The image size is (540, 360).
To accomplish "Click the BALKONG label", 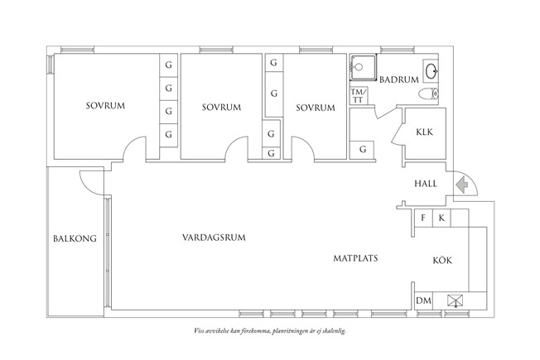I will pyautogui.click(x=75, y=239).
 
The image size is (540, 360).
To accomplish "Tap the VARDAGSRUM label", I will pyautogui.click(x=215, y=238).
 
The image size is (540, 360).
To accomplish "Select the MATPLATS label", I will pyautogui.click(x=355, y=258).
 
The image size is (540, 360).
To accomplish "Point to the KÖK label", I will pyautogui.click(x=442, y=261).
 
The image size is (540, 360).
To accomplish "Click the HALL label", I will pyautogui.click(x=425, y=184).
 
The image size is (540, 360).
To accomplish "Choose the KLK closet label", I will pyautogui.click(x=424, y=132).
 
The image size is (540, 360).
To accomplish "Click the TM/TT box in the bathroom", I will pyautogui.click(x=358, y=95).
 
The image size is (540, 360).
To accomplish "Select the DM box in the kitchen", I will pyautogui.click(x=423, y=300).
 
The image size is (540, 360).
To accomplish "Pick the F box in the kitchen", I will pyautogui.click(x=423, y=218).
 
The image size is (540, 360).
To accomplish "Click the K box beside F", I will pyautogui.click(x=441, y=218).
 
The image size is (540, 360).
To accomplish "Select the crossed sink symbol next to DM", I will pyautogui.click(x=454, y=300).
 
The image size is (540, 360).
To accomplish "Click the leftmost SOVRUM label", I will pyautogui.click(x=104, y=106).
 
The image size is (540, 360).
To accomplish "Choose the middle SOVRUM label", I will pyautogui.click(x=221, y=108).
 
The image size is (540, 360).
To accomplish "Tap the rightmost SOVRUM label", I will pyautogui.click(x=315, y=108).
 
